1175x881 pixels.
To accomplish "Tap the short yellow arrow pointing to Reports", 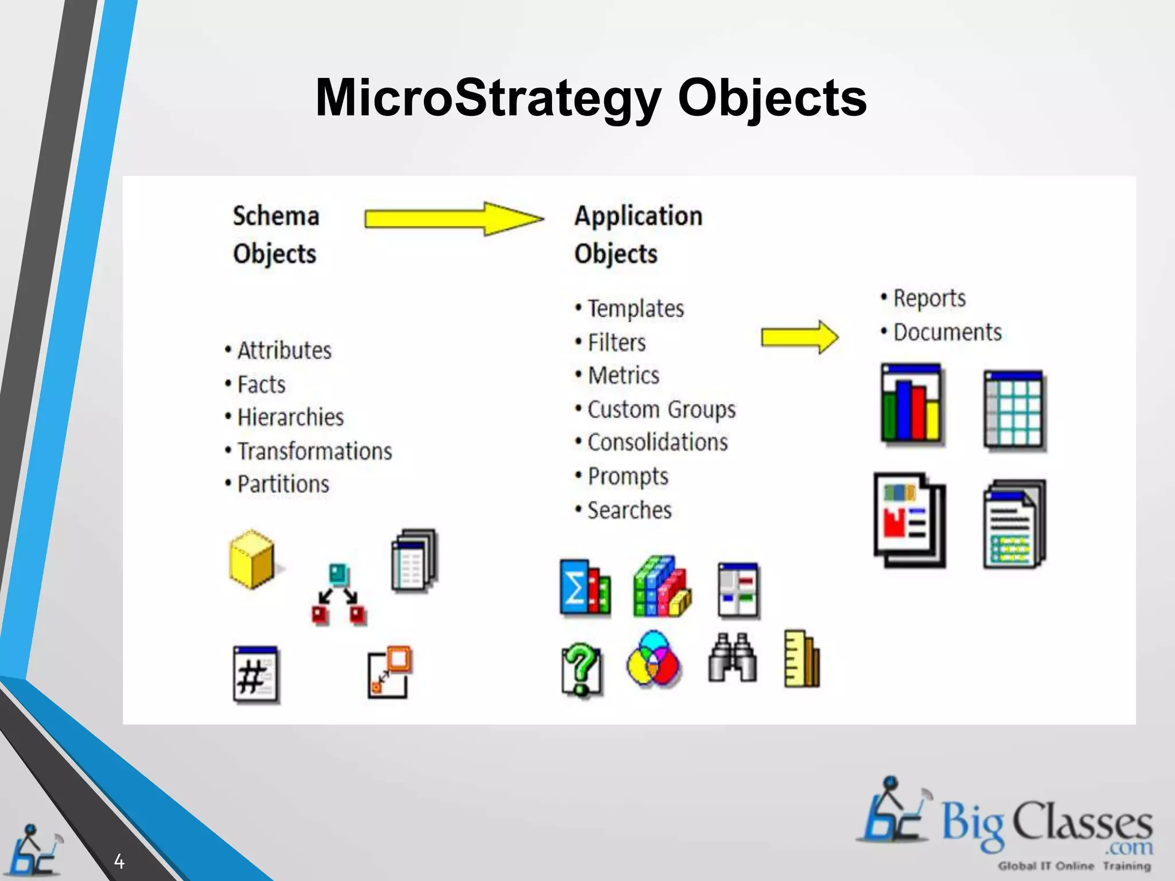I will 799,337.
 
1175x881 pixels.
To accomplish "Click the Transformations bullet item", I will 314,451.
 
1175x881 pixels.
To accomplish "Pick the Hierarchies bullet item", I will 290,418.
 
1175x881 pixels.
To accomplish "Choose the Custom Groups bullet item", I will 661,410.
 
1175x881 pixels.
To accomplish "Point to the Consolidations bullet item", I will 657,442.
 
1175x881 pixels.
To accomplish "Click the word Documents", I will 947,332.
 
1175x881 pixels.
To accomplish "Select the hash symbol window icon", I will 256,675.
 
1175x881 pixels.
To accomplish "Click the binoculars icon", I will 733,658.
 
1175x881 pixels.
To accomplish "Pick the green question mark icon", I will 581,669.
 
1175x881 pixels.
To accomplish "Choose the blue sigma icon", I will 584,588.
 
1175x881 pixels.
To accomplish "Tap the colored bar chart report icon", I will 912,405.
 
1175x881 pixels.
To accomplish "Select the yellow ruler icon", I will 802,659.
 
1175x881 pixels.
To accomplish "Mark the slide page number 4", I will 119,861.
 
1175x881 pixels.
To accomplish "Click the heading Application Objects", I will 637,235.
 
